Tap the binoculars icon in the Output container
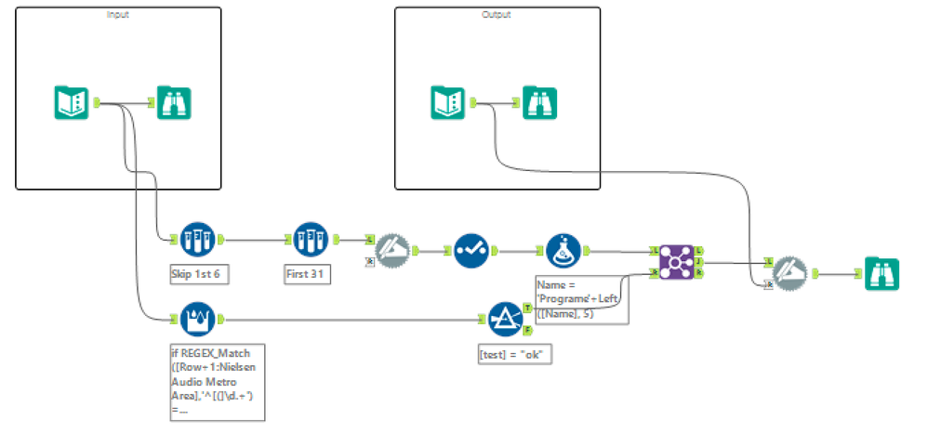click(539, 102)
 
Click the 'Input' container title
click(119, 15)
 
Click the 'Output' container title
click(497, 15)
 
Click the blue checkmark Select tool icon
click(471, 251)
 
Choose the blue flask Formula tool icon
click(563, 251)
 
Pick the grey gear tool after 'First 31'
click(391, 251)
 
